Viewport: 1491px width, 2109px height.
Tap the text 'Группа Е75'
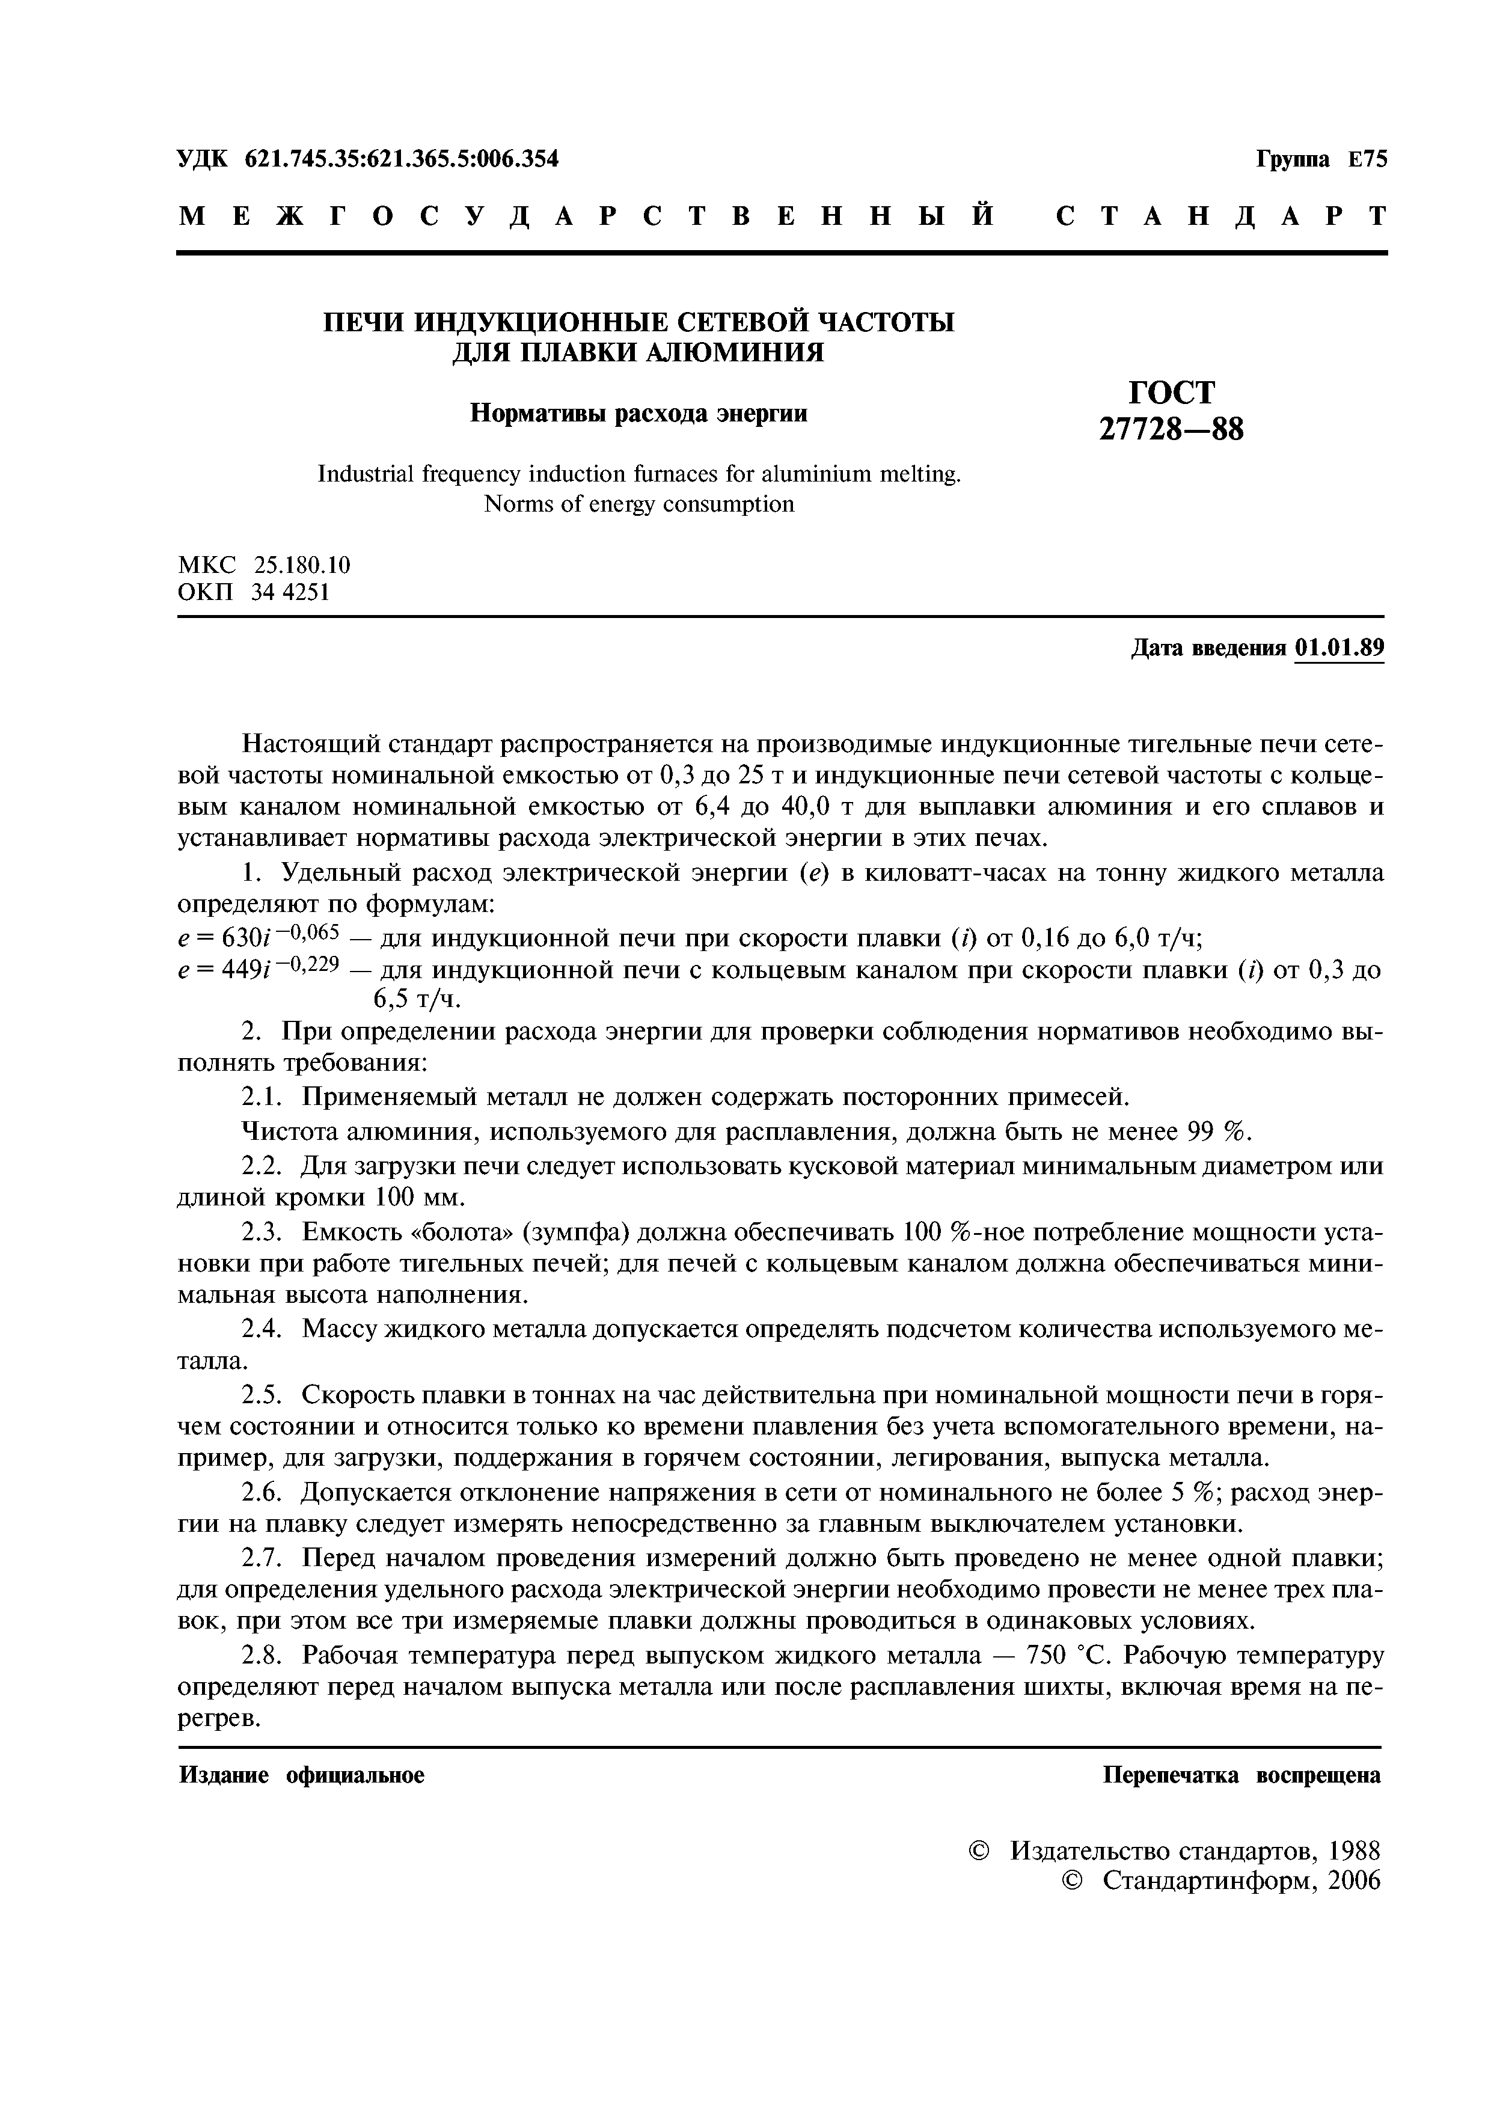(1321, 160)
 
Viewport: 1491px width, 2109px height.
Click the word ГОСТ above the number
(1171, 392)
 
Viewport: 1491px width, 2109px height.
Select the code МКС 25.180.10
(264, 564)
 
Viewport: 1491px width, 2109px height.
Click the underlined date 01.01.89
(1338, 649)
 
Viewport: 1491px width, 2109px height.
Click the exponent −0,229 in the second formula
(308, 964)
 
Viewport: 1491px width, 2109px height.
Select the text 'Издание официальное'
(301, 1775)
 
